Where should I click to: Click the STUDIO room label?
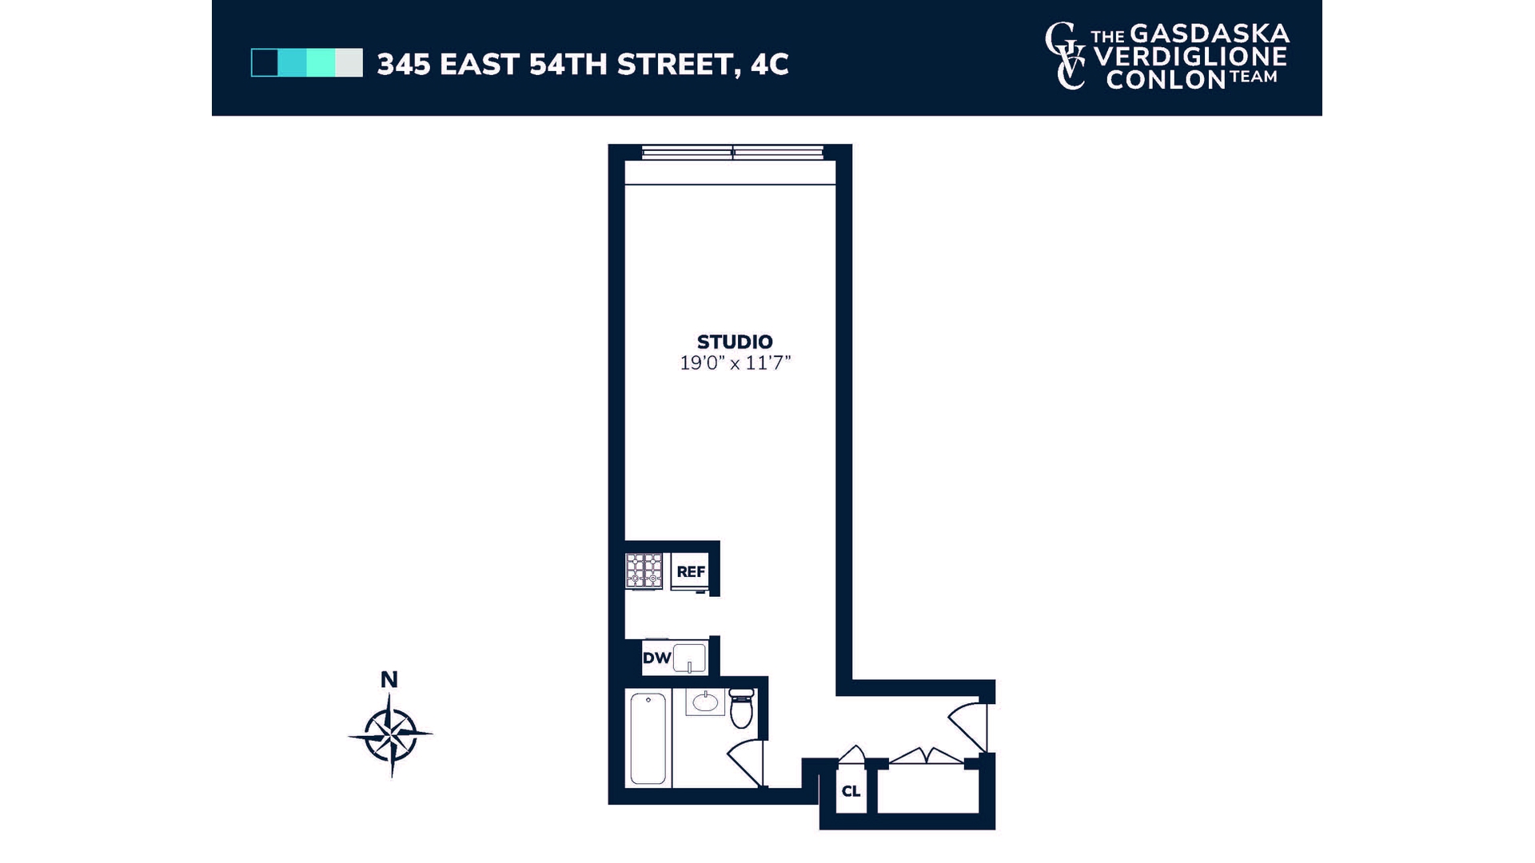pyautogui.click(x=735, y=342)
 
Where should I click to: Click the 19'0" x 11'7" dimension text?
pyautogui.click(x=735, y=364)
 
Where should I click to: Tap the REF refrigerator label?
pyautogui.click(x=691, y=572)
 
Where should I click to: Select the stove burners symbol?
pyautogui.click(x=644, y=571)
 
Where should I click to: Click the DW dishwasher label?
pyautogui.click(x=656, y=658)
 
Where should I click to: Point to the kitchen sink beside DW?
pyautogui.click(x=690, y=658)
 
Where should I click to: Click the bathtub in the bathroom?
pyautogui.click(x=648, y=738)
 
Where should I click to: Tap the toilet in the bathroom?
pyautogui.click(x=741, y=708)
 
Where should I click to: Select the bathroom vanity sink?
pyautogui.click(x=705, y=702)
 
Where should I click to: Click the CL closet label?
pyautogui.click(x=851, y=791)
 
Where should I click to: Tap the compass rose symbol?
pyautogui.click(x=391, y=734)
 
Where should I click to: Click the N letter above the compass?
pyautogui.click(x=389, y=680)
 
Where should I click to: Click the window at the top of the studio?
pyautogui.click(x=732, y=152)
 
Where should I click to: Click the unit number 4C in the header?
pyautogui.click(x=769, y=64)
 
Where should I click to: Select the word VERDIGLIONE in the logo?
pyautogui.click(x=1190, y=57)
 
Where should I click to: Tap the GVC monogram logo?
pyautogui.click(x=1066, y=56)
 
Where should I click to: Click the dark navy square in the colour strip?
pyautogui.click(x=265, y=63)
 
